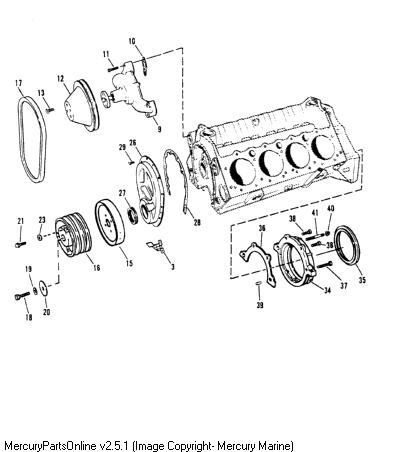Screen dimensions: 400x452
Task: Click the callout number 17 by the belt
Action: click(19, 83)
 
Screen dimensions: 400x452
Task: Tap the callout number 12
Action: click(60, 79)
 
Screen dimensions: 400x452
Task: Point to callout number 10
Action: click(132, 41)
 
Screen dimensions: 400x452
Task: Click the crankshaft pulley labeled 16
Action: click(73, 236)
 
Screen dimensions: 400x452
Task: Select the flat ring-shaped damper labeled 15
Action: click(110, 223)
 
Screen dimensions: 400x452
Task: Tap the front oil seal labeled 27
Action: click(133, 215)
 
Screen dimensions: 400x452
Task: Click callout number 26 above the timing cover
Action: click(133, 143)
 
